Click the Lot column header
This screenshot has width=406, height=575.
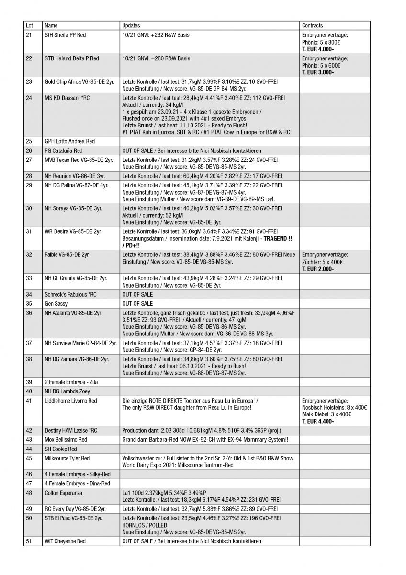tap(30, 25)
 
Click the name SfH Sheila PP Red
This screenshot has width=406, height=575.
tap(65, 35)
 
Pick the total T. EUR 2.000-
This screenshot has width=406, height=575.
tap(318, 269)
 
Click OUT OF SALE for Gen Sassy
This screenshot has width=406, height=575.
tap(137, 304)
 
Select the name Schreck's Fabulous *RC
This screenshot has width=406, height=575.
tap(70, 294)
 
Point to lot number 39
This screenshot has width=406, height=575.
tap(29, 382)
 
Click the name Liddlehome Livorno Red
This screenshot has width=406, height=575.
tap(70, 401)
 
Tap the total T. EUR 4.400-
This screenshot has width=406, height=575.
tap(318, 421)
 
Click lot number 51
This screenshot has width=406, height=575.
tap(29, 541)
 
